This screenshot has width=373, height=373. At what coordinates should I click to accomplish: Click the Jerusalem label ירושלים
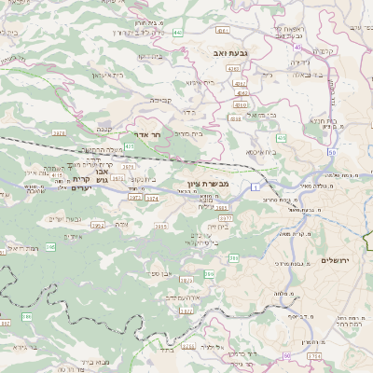(331, 260)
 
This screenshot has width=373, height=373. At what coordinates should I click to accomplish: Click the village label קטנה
(131, 130)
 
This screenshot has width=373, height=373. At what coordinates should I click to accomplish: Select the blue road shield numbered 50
(331, 152)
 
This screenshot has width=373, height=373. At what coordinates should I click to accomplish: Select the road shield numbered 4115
(57, 173)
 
